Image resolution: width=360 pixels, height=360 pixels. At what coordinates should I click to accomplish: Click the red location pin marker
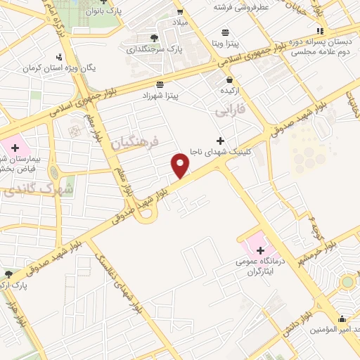click(181, 166)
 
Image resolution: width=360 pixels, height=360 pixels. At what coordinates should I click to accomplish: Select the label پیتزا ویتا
click(225, 44)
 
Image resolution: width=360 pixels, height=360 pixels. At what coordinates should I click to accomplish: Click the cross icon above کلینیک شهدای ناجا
click(221, 141)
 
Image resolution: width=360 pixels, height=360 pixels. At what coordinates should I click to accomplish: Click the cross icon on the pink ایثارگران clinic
click(260, 250)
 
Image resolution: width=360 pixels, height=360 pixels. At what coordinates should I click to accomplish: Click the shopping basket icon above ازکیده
click(230, 79)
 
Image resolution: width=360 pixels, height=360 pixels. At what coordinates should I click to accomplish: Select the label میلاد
click(181, 23)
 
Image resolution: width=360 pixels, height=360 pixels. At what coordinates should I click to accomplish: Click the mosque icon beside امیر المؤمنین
click(342, 318)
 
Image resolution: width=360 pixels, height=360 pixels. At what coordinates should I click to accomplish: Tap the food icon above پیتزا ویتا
click(225, 32)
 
